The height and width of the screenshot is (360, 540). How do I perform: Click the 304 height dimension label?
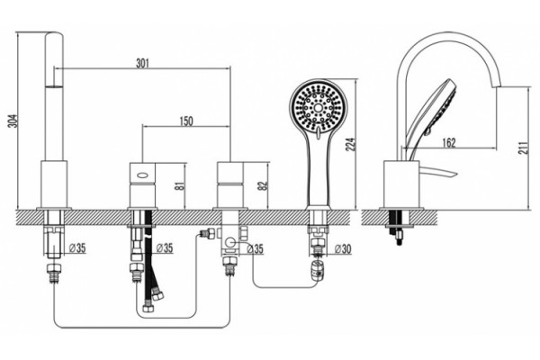coord(13,121)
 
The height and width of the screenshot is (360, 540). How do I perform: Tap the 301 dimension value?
coord(142,63)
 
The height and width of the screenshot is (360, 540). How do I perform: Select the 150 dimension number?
coord(186,121)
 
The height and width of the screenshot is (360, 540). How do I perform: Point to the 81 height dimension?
coord(181,185)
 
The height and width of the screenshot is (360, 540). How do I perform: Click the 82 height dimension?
coord(263,185)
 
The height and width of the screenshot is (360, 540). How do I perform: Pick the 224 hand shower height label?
coord(351,145)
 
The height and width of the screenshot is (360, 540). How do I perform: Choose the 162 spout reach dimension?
coord(449,142)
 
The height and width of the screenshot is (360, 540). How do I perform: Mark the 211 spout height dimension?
coord(522,148)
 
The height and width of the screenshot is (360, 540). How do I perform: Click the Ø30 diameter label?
coord(343,248)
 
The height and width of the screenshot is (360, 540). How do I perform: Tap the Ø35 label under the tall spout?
coord(77,248)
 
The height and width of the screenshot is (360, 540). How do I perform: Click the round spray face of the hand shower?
coord(319,107)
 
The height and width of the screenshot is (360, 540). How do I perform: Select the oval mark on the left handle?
coord(143,175)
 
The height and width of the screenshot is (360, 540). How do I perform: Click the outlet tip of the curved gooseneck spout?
coord(497,85)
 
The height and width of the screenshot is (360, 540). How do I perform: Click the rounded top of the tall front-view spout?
coord(54,34)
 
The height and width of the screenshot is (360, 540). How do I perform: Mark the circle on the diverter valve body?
coord(231,243)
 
